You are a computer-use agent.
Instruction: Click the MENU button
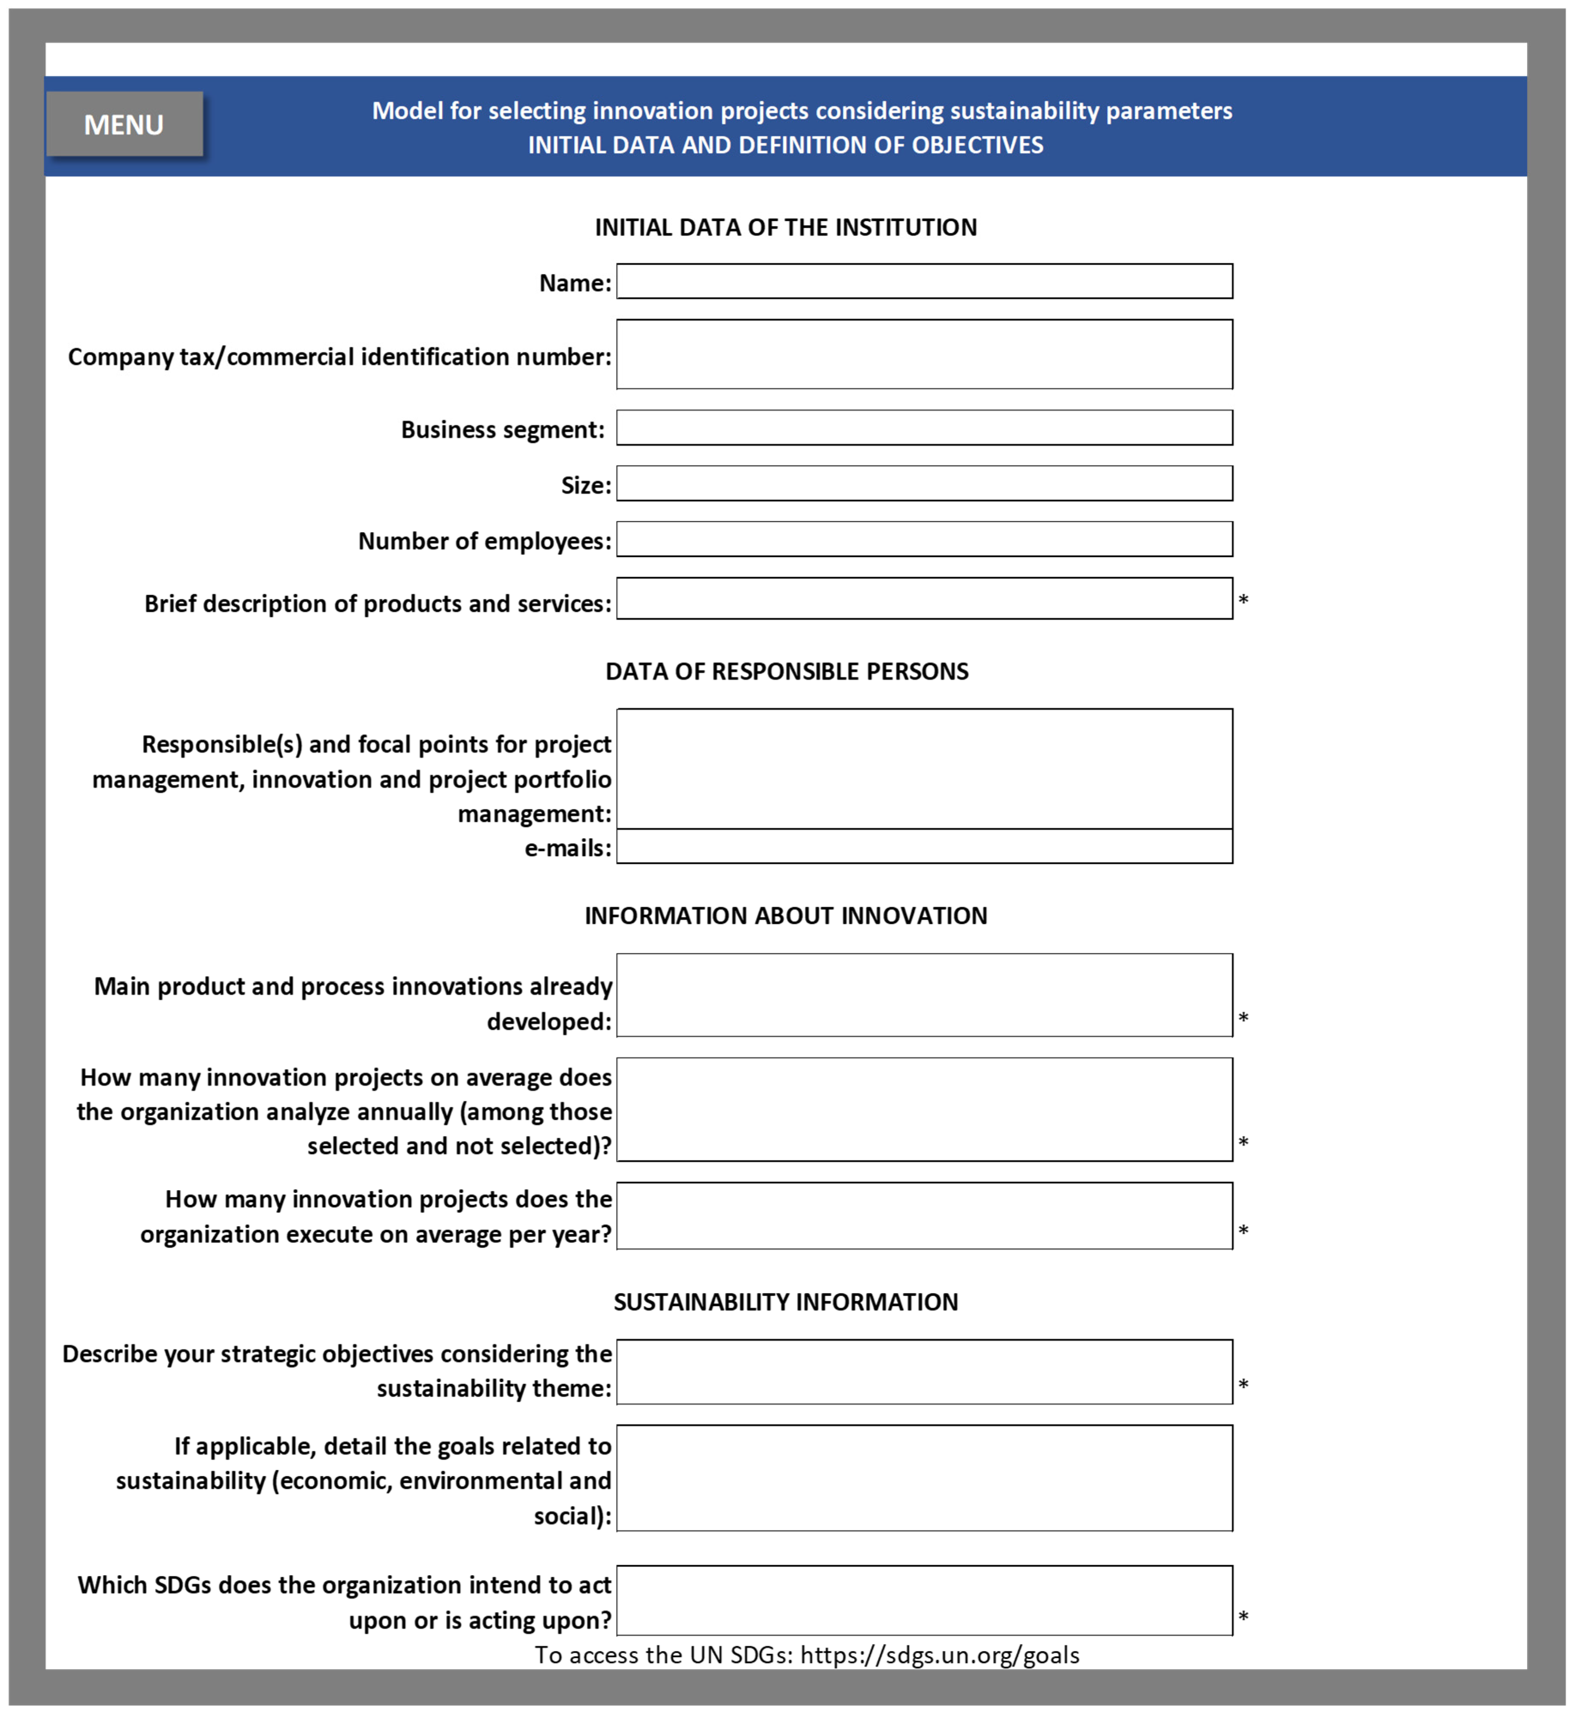(x=124, y=124)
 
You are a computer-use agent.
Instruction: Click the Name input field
(x=924, y=281)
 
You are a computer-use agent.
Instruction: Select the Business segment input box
(x=924, y=427)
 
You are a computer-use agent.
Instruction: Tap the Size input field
(x=924, y=483)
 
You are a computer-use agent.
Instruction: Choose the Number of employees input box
(x=924, y=539)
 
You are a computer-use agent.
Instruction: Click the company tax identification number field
(x=924, y=354)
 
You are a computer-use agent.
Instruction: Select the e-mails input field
(x=924, y=846)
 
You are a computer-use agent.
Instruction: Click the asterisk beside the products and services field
(x=1243, y=600)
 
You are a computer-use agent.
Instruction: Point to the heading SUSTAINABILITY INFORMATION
(x=786, y=1302)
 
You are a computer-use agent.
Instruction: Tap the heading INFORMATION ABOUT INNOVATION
(x=786, y=916)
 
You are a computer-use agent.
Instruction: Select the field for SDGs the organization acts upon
(x=924, y=1600)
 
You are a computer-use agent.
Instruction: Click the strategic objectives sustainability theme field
(x=924, y=1372)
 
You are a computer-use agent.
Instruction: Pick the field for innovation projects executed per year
(x=924, y=1215)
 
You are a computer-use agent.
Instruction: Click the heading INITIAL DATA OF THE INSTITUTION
(x=786, y=227)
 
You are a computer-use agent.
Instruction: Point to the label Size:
(x=586, y=485)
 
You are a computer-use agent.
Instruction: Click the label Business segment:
(x=502, y=429)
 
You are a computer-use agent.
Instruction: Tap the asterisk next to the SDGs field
(x=1243, y=1616)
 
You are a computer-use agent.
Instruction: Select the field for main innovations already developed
(x=924, y=994)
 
